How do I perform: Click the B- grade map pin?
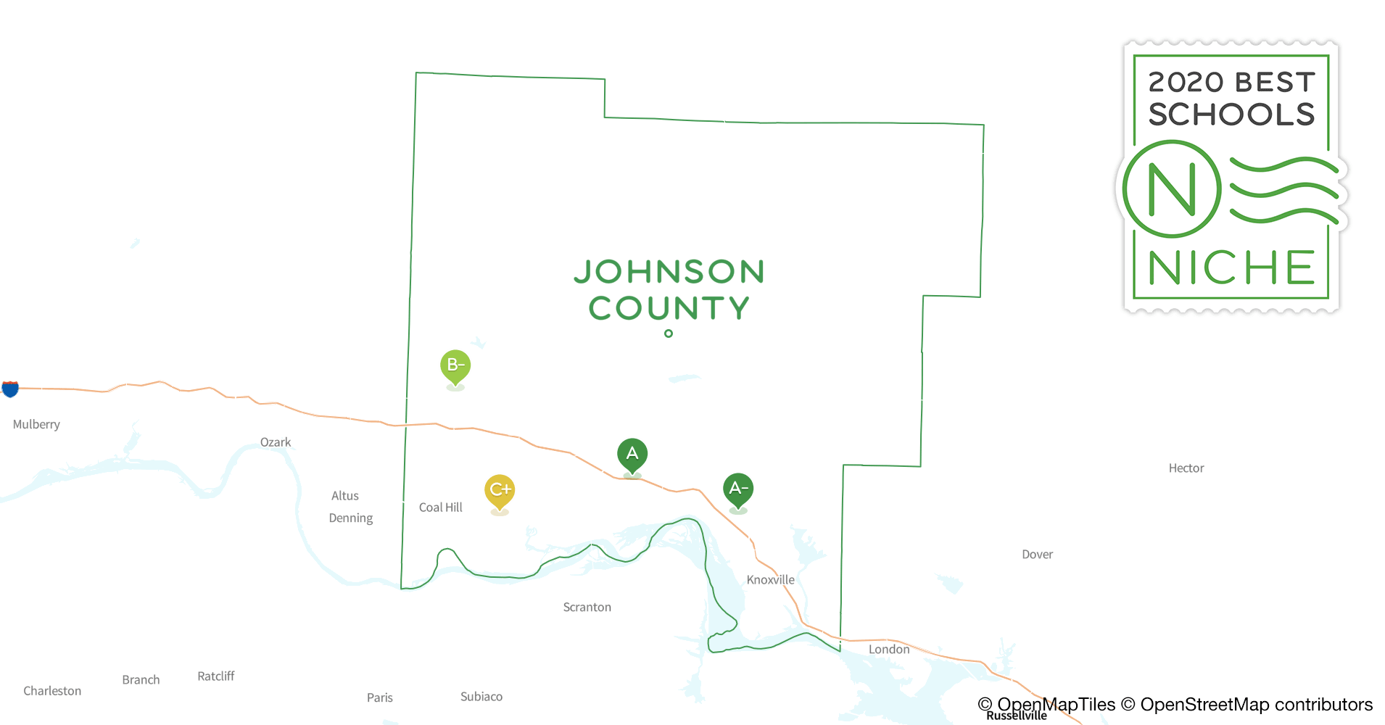point(455,365)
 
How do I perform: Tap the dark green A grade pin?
point(632,455)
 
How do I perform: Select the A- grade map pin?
point(738,489)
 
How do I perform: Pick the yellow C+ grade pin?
point(500,490)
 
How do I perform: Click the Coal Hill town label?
point(440,507)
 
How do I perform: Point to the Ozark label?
point(276,442)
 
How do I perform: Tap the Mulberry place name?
point(36,424)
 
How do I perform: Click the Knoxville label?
point(770,580)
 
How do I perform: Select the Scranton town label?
point(587,608)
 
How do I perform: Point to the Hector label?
point(1186,468)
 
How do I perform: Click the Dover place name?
point(1037,555)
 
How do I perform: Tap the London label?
point(889,650)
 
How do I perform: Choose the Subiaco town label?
point(481,697)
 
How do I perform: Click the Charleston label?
point(52,691)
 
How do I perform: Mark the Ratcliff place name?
point(216,676)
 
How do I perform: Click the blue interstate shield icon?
point(10,389)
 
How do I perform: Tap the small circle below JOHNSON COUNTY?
point(669,333)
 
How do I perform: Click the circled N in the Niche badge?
point(1172,189)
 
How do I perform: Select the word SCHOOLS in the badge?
point(1231,115)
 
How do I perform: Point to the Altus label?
point(345,496)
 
